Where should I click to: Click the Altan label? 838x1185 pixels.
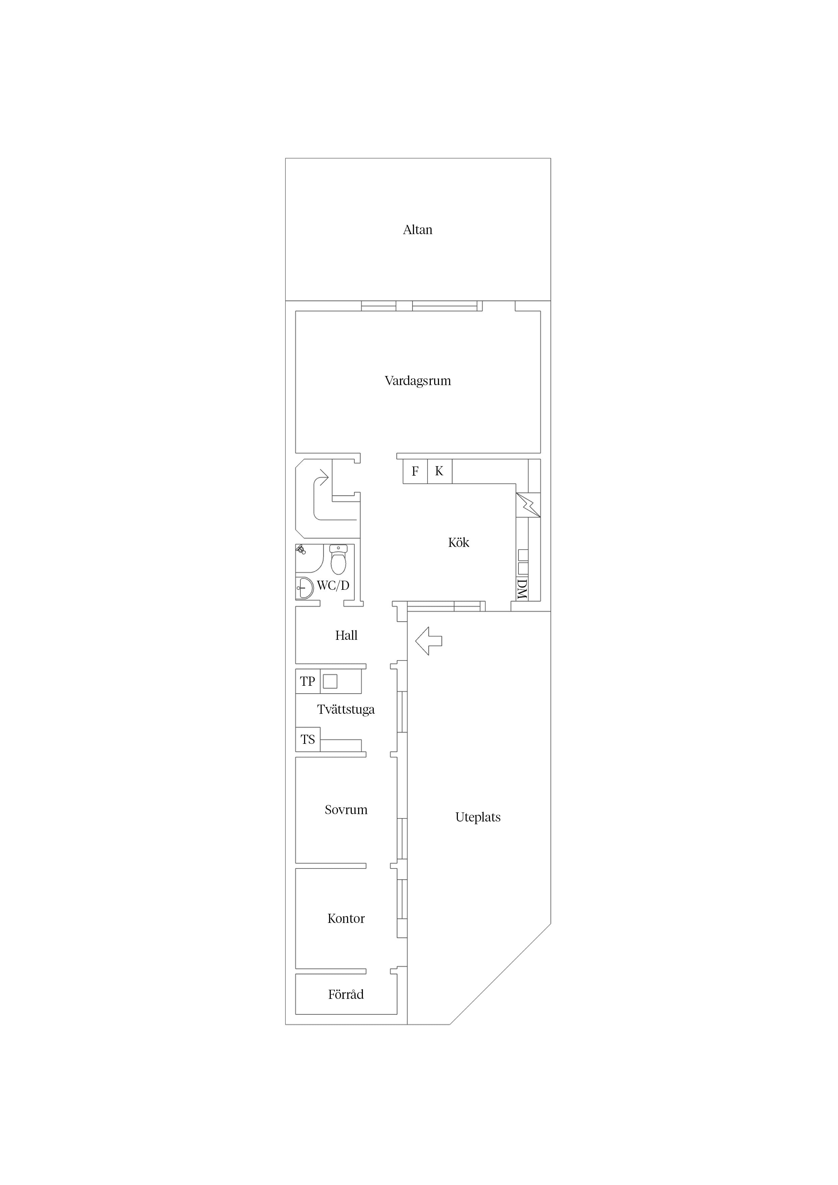coord(417,230)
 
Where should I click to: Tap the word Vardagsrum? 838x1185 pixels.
coord(418,381)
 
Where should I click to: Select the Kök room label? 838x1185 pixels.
coord(459,543)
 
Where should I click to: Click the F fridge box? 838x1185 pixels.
coord(415,471)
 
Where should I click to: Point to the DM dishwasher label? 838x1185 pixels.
coord(522,589)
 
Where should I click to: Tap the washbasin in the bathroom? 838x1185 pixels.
coord(305,588)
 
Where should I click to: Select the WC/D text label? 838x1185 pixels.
coord(333,586)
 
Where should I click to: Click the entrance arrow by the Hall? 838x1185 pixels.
coord(428,641)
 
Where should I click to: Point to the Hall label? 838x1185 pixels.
coord(346,635)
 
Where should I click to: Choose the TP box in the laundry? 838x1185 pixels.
coord(308,681)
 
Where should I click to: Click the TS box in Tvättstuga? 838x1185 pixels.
coord(308,739)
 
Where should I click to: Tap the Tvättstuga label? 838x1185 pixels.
coord(346,710)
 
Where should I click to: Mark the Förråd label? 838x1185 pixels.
coord(346,994)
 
